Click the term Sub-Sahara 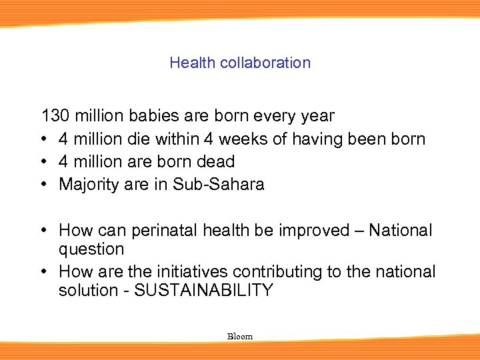click(x=219, y=184)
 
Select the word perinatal click(x=163, y=231)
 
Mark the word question click(x=91, y=249)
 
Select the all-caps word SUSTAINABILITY click(x=203, y=291)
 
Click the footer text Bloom click(x=240, y=337)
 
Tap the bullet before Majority click(x=44, y=184)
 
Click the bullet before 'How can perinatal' click(x=44, y=231)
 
